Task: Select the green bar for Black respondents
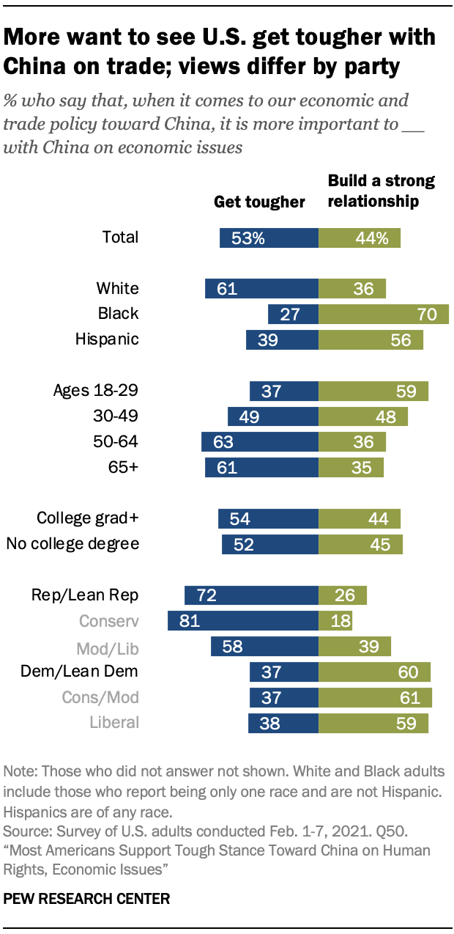(384, 314)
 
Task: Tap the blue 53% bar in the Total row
(269, 238)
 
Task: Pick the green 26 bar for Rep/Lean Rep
(343, 595)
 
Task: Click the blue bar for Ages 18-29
(284, 391)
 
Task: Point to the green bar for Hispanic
(371, 339)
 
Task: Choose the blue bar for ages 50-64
(260, 442)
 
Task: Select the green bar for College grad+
(360, 518)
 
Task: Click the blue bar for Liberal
(283, 723)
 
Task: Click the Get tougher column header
(259, 202)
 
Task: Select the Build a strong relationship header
(381, 191)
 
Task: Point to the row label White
(117, 288)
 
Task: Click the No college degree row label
(72, 544)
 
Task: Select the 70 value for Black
(427, 315)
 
